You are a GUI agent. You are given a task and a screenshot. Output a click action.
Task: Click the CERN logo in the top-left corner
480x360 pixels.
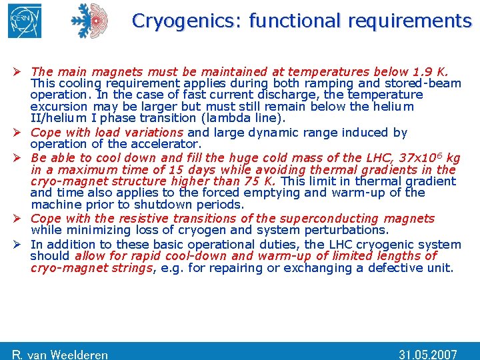[25, 21]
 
